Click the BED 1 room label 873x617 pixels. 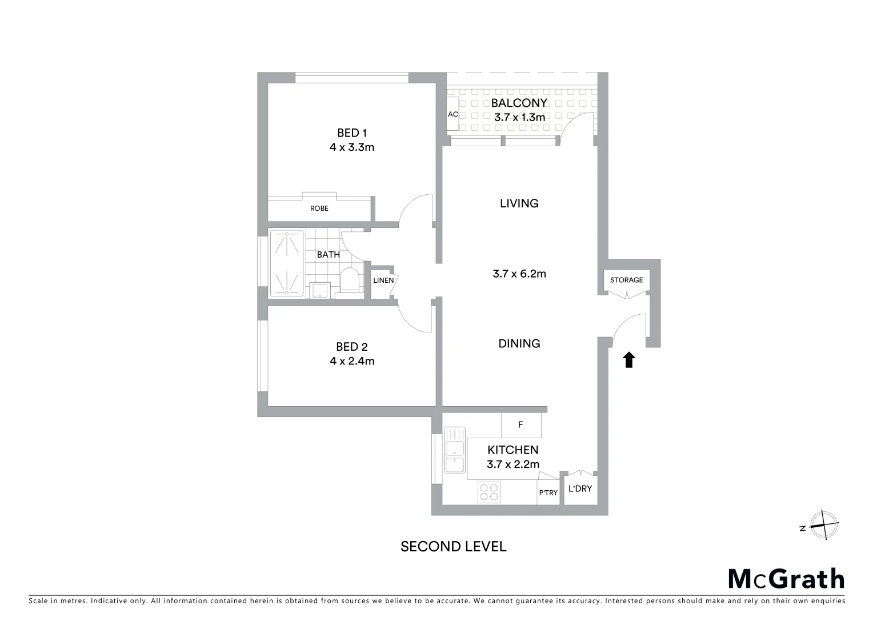click(351, 133)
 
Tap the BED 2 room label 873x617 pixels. click(351, 347)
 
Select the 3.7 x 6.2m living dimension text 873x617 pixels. click(519, 274)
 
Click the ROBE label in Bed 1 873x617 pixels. click(319, 209)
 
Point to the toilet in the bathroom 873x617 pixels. click(349, 282)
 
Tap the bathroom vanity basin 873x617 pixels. click(319, 290)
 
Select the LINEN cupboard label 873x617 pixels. click(383, 281)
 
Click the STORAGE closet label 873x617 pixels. click(626, 280)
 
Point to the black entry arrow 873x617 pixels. click(628, 359)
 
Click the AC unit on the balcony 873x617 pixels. click(452, 114)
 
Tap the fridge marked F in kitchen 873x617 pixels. click(520, 425)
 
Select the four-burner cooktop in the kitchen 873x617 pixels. click(489, 492)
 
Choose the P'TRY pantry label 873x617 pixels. click(548, 493)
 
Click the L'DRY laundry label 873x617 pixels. click(580, 489)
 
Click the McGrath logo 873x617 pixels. click(786, 579)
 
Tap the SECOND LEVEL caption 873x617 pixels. click(453, 547)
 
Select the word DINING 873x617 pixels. click(519, 343)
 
